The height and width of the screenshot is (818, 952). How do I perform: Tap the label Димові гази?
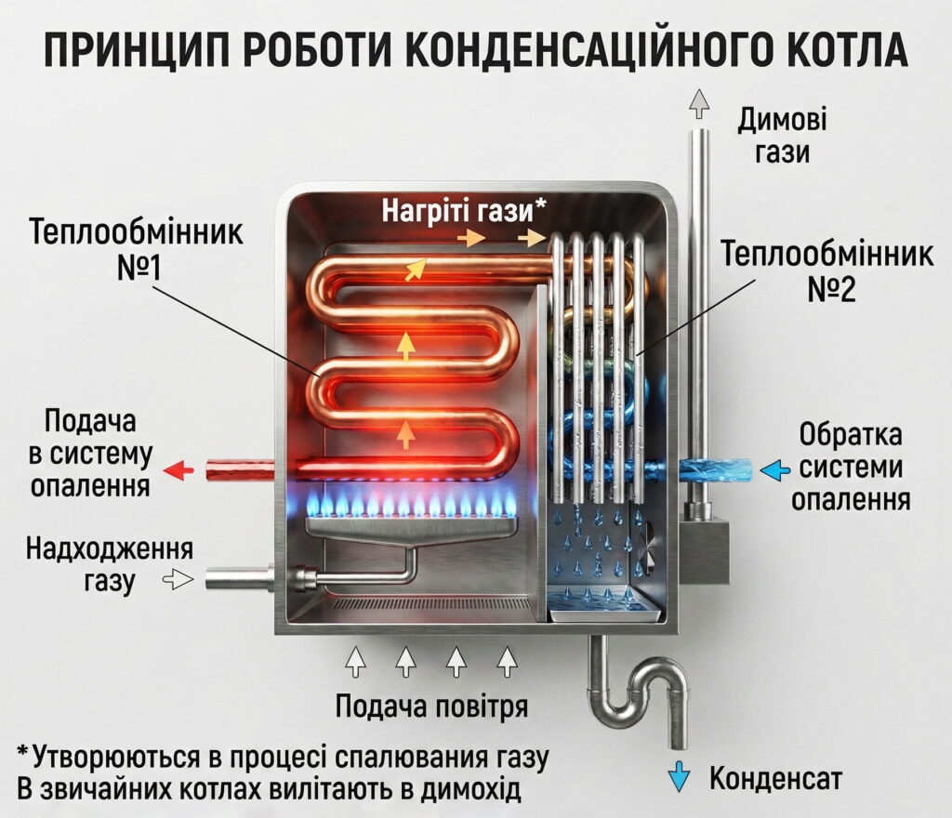tap(782, 136)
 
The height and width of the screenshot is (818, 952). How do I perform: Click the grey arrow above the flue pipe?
tap(699, 101)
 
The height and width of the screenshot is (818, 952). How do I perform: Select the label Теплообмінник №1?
tap(137, 249)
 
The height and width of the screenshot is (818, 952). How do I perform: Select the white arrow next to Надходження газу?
tap(178, 580)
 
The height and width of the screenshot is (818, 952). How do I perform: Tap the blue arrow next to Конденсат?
tap(682, 773)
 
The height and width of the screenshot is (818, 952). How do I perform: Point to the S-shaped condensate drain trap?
tap(641, 693)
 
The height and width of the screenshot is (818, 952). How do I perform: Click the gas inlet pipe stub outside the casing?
tap(238, 580)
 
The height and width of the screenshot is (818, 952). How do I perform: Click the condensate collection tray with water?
tap(602, 606)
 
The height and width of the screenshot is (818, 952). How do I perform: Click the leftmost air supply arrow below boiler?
tap(356, 662)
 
